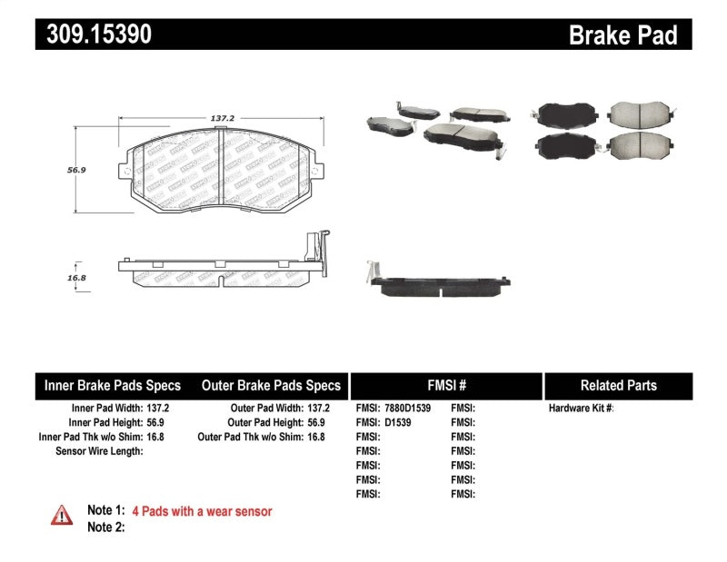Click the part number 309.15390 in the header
(x=94, y=35)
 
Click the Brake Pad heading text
(x=622, y=35)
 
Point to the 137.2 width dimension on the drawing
(x=223, y=119)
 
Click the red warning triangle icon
(x=62, y=515)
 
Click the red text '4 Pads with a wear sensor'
(x=202, y=511)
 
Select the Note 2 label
(x=105, y=527)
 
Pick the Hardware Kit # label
(x=581, y=409)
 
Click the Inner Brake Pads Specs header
(x=113, y=385)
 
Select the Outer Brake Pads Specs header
(x=270, y=385)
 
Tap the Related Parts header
(x=617, y=385)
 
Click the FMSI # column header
(x=445, y=385)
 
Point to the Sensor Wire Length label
(x=99, y=450)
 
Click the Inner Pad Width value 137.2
(x=157, y=409)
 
